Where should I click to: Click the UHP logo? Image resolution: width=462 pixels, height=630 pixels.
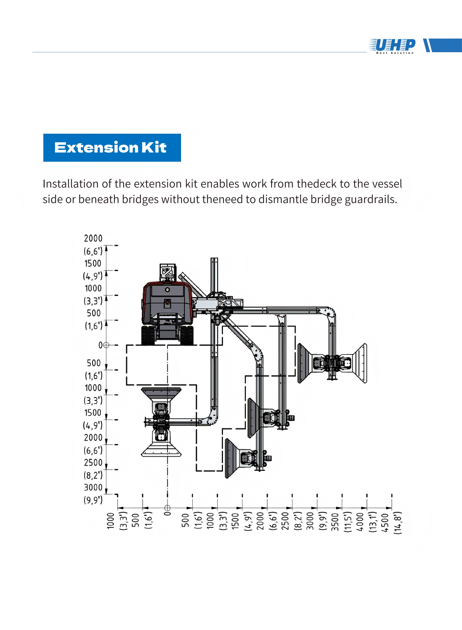392,46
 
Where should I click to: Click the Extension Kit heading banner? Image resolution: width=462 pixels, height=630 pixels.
112,147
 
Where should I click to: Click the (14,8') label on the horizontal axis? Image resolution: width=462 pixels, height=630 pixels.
397,522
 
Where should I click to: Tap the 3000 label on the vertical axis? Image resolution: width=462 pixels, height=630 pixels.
93,487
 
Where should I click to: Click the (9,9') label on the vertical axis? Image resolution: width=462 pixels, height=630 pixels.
93,500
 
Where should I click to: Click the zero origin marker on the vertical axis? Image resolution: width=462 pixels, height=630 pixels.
106,345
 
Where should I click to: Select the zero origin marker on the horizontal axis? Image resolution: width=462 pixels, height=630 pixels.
168,508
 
